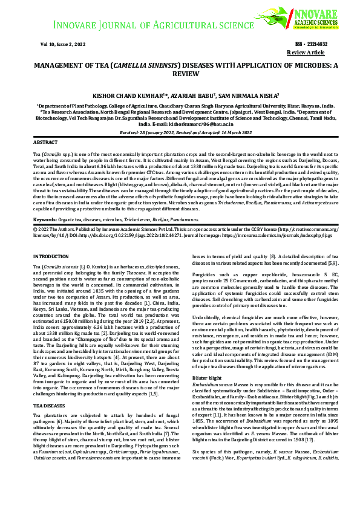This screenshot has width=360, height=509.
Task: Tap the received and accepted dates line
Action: [x=180, y=131]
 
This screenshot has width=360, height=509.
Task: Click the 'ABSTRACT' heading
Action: [x=45, y=141]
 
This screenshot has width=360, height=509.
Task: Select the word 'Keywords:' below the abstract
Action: [x=45, y=218]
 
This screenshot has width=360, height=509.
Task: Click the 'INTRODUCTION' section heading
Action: [x=51, y=257]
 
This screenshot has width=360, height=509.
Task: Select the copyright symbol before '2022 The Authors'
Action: [x=35, y=229]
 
